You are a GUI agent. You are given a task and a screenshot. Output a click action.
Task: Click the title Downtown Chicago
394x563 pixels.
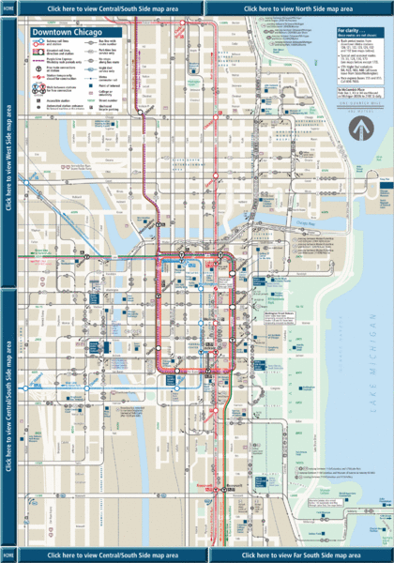click(63, 31)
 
